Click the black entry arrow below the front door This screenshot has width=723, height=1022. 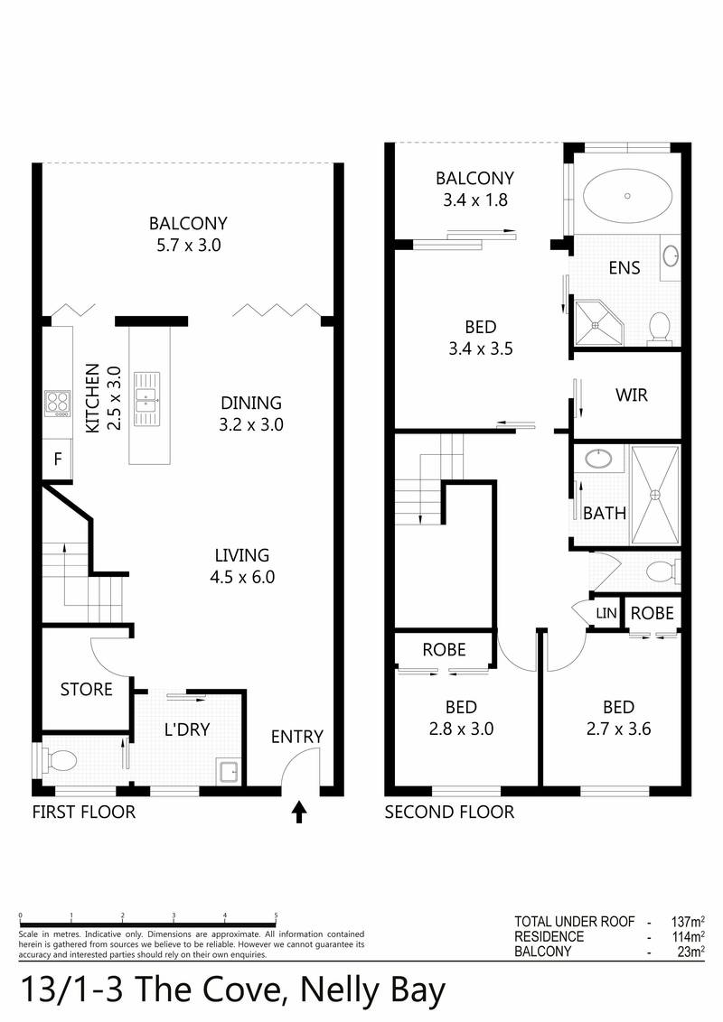tap(299, 813)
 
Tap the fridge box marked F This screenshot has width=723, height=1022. tap(57, 459)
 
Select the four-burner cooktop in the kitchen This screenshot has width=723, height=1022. tap(58, 402)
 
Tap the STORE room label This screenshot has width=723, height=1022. tap(86, 690)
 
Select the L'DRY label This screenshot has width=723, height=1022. tap(187, 729)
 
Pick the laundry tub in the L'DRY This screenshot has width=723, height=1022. tap(227, 771)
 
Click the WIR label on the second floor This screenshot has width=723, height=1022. tap(631, 395)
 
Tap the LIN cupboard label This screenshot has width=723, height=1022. tap(605, 614)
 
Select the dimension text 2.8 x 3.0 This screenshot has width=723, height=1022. tap(461, 729)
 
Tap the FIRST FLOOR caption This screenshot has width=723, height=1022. tap(83, 813)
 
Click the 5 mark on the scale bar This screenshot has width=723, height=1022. tap(276, 915)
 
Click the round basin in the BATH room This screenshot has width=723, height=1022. tap(597, 460)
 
